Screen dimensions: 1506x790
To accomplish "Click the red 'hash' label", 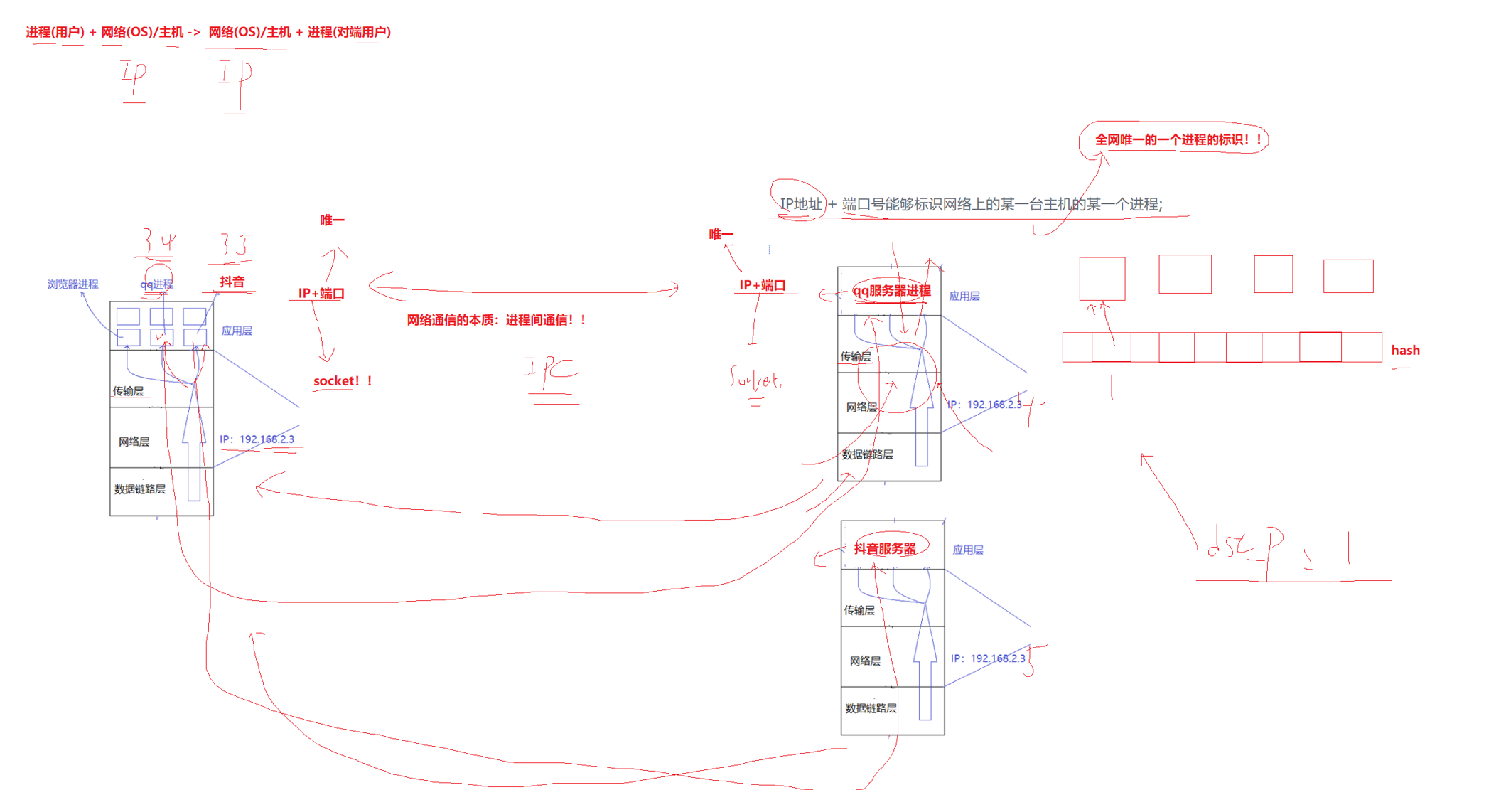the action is click(x=1404, y=351).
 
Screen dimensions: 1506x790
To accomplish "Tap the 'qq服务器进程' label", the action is click(x=891, y=291).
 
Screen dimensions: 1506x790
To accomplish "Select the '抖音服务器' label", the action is click(x=885, y=548).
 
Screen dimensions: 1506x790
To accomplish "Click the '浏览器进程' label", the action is click(x=72, y=284).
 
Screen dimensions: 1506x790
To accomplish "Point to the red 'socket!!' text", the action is click(x=343, y=381).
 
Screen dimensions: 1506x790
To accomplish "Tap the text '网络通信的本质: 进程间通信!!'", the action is click(x=497, y=320).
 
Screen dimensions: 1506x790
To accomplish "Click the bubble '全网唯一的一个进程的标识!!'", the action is click(x=1177, y=140).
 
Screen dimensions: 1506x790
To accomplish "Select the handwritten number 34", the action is click(x=158, y=243).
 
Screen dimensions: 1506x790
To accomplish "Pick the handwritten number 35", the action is click(x=235, y=245).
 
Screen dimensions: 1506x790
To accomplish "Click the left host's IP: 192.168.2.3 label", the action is click(x=257, y=439).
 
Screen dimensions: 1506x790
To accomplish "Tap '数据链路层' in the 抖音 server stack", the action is click(x=871, y=708).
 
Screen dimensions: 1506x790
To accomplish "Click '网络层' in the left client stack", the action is click(x=134, y=442).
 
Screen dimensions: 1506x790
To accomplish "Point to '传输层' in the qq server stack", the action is click(x=856, y=356).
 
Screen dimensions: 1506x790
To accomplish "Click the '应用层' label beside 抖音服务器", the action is click(x=967, y=550).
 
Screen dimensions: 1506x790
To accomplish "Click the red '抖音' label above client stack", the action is click(x=232, y=282).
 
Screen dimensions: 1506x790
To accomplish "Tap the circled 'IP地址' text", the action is click(x=800, y=204).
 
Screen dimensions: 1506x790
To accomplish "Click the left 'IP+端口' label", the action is click(x=321, y=293).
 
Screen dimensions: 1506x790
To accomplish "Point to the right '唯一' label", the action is click(x=721, y=234).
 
